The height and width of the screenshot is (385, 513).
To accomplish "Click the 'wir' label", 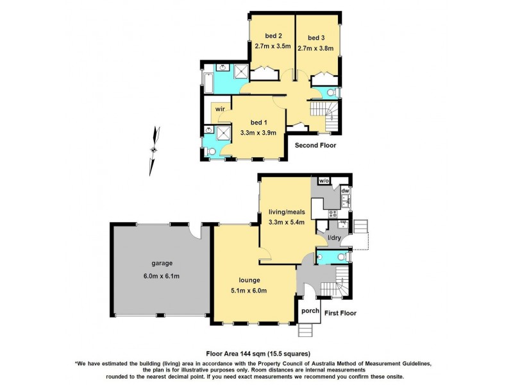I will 220,109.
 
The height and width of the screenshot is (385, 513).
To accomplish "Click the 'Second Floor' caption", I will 315,146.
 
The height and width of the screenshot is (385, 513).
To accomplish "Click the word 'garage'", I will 162,263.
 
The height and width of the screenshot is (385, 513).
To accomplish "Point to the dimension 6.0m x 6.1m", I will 162,276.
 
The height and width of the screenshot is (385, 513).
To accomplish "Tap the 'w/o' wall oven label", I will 324,181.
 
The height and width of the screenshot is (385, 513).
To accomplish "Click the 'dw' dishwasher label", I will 345,190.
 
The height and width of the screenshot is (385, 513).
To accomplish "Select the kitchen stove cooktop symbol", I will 333,213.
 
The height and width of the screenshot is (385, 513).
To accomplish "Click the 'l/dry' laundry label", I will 334,239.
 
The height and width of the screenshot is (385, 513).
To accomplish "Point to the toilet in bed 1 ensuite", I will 212,151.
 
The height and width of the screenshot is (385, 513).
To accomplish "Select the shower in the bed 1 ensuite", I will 223,132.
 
